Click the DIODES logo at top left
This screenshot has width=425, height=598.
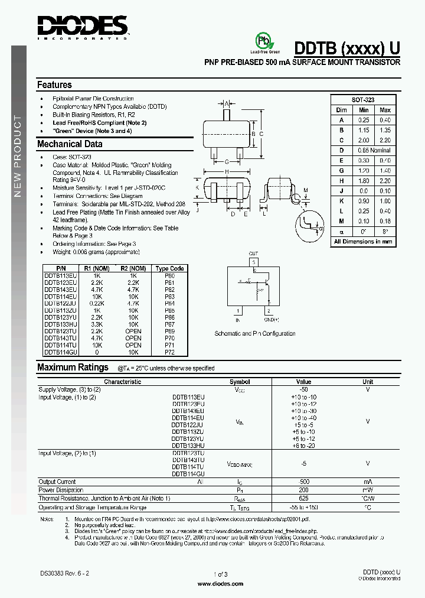pyautogui.click(x=82, y=25)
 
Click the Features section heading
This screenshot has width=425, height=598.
pyautogui.click(x=54, y=85)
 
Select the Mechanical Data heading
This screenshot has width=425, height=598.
pyautogui.click(x=70, y=144)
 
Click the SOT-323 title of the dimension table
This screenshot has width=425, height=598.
pyautogui.click(x=362, y=100)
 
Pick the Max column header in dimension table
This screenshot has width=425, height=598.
pyautogui.click(x=385, y=110)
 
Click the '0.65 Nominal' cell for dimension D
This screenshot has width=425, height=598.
pyautogui.click(x=374, y=150)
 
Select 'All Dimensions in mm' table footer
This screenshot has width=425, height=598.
pyautogui.click(x=362, y=241)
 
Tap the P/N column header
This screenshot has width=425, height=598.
pyautogui.click(x=59, y=268)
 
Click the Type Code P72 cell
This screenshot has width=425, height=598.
pyautogui.click(x=169, y=352)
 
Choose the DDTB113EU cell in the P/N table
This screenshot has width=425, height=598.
pyautogui.click(x=59, y=275)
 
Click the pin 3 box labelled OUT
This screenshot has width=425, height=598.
pyautogui.click(x=253, y=261)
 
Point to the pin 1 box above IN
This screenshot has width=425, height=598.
pyautogui.click(x=238, y=310)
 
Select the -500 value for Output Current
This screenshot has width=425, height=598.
pyautogui.click(x=303, y=482)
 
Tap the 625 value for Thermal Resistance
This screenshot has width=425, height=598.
pyautogui.click(x=303, y=499)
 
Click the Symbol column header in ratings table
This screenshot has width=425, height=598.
pyautogui.click(x=239, y=382)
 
